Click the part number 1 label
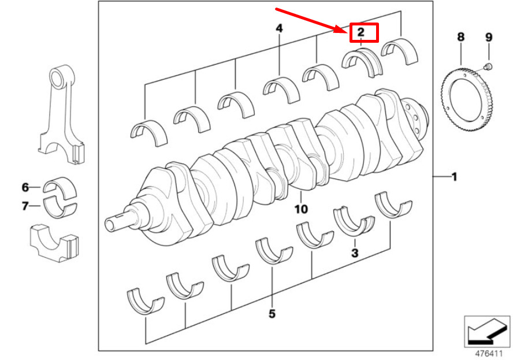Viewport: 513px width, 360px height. click(x=454, y=177)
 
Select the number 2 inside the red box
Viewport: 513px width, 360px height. click(x=360, y=32)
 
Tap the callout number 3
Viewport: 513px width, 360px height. click(x=355, y=253)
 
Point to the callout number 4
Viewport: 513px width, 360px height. click(x=279, y=28)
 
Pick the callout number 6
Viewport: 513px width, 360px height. click(x=25, y=187)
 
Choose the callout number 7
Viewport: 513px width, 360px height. click(x=25, y=205)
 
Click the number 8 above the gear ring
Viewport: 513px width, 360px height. click(x=460, y=38)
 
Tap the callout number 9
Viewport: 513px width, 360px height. click(x=489, y=38)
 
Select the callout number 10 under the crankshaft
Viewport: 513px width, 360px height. click(x=301, y=209)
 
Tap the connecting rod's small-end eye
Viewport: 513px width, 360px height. click(x=58, y=77)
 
